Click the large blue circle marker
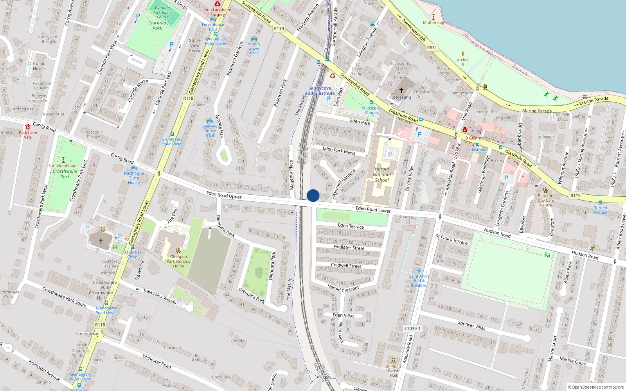point(313,195)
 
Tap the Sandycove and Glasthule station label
point(320,91)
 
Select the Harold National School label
point(382,175)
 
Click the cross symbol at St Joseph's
point(401,90)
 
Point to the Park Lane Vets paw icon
point(28,127)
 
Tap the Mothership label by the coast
point(433,23)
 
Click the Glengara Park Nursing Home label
point(178,262)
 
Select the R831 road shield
point(432,48)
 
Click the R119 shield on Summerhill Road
point(279,29)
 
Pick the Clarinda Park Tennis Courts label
point(162,13)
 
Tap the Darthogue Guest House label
point(134,178)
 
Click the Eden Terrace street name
point(351,226)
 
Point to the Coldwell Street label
point(346,265)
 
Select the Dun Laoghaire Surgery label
point(218,12)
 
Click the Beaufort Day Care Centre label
point(546,200)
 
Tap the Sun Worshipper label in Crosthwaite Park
point(63,166)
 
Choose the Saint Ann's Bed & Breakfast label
point(419,281)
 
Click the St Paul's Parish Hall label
point(393,371)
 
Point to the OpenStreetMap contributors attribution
point(596,387)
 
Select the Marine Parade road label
point(537,111)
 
